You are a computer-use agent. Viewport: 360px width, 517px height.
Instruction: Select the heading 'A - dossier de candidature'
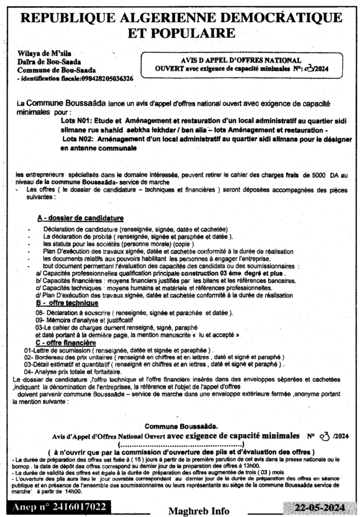(x=80, y=218)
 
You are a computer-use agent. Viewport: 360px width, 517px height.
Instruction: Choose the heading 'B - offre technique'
(x=67, y=303)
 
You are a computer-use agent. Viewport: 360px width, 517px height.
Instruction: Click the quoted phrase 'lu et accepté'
(x=218, y=335)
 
